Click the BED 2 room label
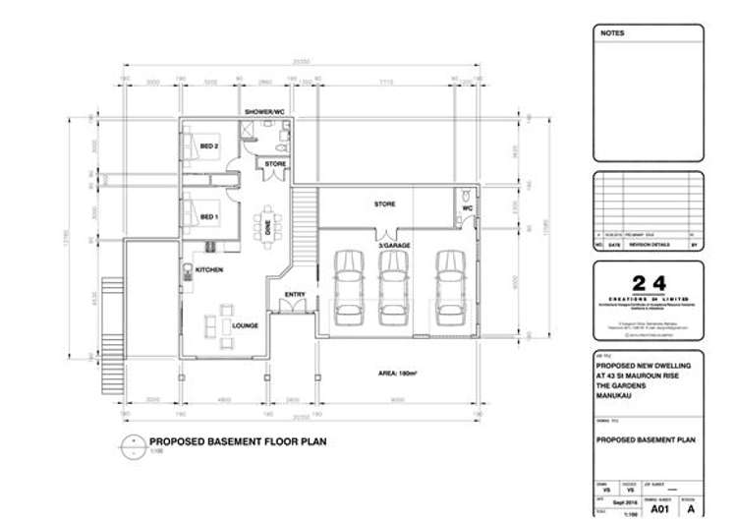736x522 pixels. pos(209,146)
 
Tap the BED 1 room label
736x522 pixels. pos(209,216)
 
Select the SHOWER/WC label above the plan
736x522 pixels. pos(264,113)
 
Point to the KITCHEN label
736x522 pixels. pos(209,269)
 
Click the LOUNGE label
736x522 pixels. pos(246,324)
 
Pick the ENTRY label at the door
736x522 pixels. pos(295,294)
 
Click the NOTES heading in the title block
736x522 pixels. pos(612,33)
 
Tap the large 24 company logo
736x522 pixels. pos(648,284)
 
